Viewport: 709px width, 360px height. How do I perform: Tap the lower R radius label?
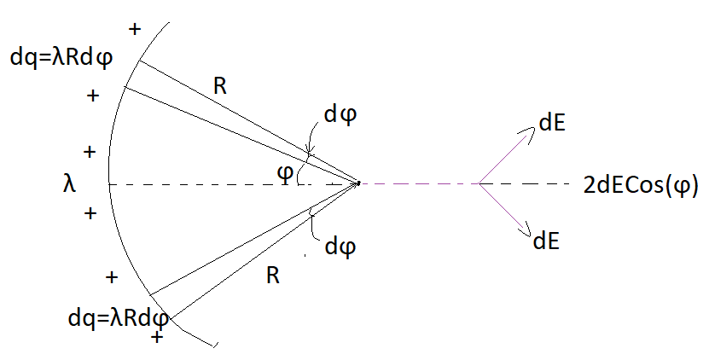pos(273,275)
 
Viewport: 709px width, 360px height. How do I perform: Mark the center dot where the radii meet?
pos(358,182)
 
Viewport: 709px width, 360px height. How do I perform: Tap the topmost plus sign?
pos(133,30)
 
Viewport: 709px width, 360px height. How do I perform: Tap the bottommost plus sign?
pos(156,338)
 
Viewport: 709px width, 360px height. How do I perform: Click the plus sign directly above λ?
pos(90,152)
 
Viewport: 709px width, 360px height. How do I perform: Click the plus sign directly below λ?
pos(90,212)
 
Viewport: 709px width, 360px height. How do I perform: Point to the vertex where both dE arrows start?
pos(479,183)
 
